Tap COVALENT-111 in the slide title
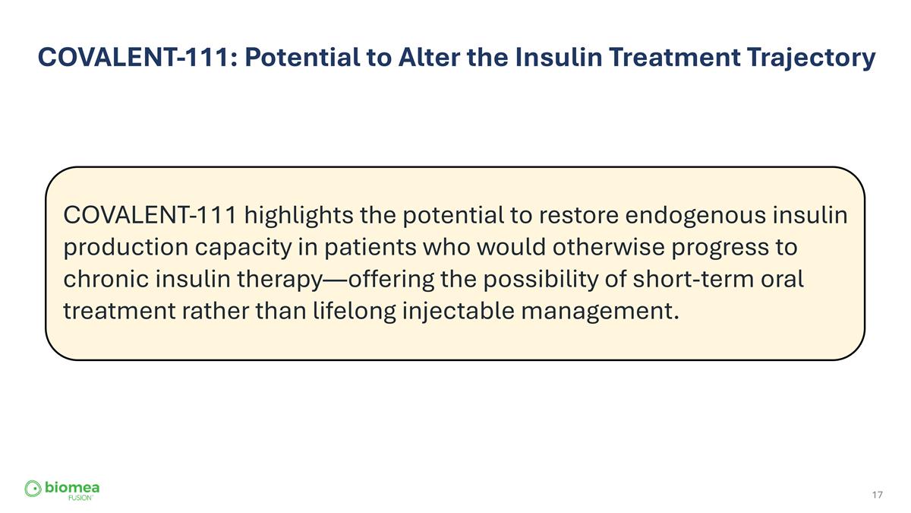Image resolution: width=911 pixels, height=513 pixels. [x=136, y=57]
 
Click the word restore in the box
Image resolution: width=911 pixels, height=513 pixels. [x=578, y=216]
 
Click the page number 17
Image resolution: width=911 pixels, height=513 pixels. [x=878, y=496]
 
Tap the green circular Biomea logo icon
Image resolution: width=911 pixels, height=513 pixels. [x=33, y=488]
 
